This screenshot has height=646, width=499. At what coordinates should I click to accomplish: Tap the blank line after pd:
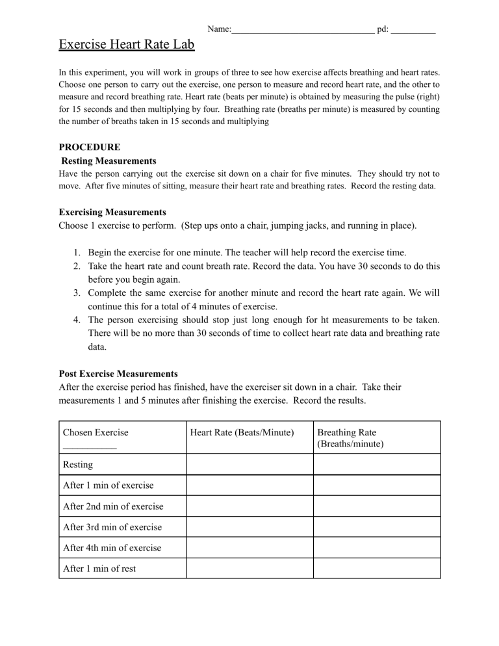[413, 31]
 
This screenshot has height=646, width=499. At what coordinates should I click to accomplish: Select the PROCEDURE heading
[89, 148]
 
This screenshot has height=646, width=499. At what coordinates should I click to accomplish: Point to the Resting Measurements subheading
[109, 161]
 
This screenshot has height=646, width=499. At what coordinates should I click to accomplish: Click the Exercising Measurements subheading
[112, 212]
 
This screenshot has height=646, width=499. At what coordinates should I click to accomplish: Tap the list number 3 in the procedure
[76, 293]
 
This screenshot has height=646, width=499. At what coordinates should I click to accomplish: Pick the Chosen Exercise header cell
[96, 432]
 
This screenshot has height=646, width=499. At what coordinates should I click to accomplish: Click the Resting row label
[78, 465]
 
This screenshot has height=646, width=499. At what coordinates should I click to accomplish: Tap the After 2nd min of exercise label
[113, 506]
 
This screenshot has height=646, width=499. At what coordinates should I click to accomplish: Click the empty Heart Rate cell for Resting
[249, 465]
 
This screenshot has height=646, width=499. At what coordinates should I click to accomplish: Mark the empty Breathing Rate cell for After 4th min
[377, 547]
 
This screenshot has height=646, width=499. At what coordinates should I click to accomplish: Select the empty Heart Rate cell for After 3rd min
[249, 527]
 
